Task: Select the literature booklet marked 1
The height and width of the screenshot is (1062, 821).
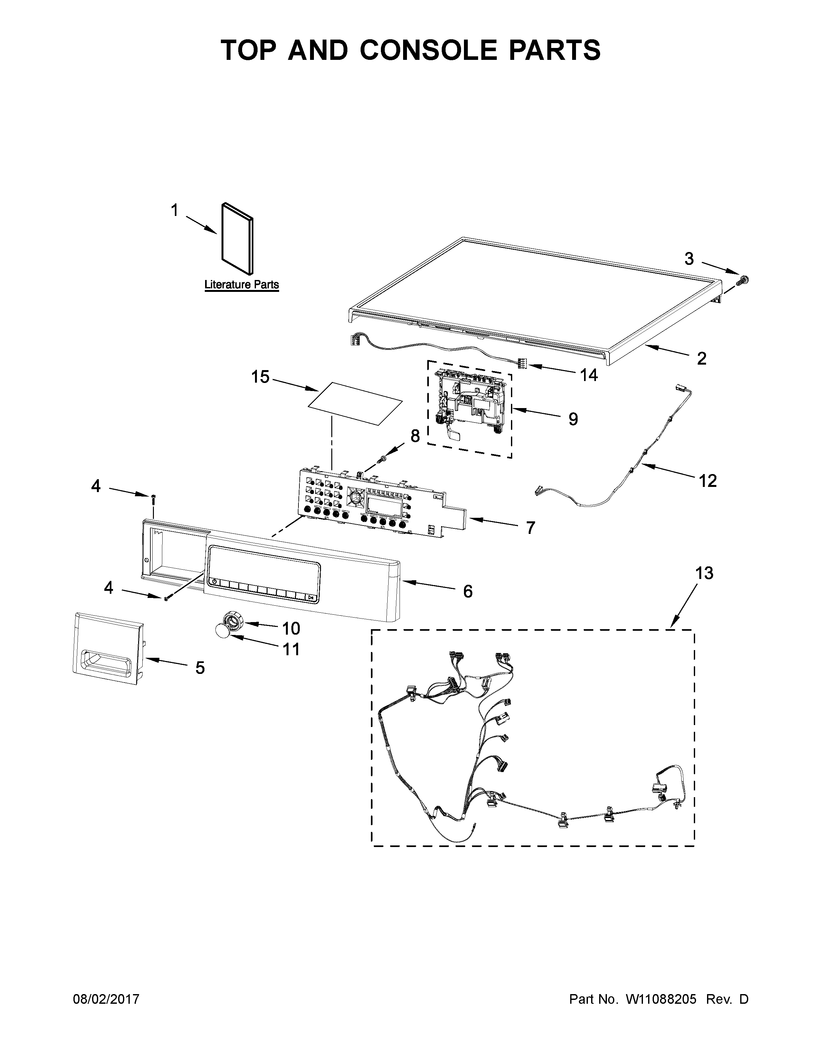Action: (237, 238)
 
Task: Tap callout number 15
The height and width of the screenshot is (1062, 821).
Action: (260, 377)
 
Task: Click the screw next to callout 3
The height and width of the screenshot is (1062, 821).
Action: (743, 280)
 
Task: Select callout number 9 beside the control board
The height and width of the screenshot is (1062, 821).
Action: (573, 419)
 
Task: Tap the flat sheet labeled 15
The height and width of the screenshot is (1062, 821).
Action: (356, 404)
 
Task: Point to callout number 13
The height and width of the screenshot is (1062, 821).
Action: (704, 573)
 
